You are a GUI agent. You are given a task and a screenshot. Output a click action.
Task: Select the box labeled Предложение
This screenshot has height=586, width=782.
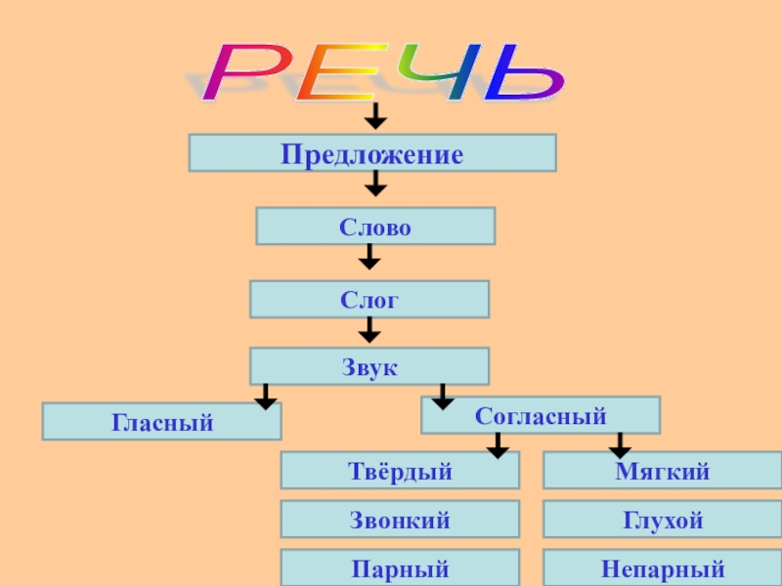[372, 153]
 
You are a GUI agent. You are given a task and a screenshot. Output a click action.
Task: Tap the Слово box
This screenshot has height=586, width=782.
[375, 226]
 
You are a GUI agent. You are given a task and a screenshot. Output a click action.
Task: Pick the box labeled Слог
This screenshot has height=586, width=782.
[369, 299]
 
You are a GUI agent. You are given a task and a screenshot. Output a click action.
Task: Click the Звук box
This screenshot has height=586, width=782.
[369, 366]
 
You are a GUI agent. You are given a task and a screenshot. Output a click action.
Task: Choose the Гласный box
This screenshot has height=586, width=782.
[161, 422]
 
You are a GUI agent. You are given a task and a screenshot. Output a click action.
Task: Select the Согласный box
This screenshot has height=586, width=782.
[541, 415]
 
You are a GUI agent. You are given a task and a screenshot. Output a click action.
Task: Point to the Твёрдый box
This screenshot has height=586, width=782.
[400, 470]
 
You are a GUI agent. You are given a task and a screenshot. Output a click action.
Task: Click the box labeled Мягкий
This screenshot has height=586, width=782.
[662, 470]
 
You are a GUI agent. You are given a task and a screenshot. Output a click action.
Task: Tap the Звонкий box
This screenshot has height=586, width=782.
[400, 520]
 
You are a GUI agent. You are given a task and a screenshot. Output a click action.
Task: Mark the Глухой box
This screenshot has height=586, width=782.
[662, 520]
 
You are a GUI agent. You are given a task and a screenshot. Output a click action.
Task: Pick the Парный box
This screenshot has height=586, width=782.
[400, 567]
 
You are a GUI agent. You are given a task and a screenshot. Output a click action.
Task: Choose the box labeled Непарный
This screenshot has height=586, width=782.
[662, 567]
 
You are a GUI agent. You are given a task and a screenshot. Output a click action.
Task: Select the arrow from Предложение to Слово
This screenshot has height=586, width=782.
[375, 184]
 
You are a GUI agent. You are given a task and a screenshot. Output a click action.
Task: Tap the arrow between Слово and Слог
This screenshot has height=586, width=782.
[369, 257]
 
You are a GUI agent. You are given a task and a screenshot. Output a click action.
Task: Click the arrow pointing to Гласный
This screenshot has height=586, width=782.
[265, 396]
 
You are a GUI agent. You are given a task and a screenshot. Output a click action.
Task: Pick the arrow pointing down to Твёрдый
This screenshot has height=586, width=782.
[498, 445]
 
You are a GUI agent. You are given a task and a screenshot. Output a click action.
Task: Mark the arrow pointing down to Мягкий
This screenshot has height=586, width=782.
[619, 445]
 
